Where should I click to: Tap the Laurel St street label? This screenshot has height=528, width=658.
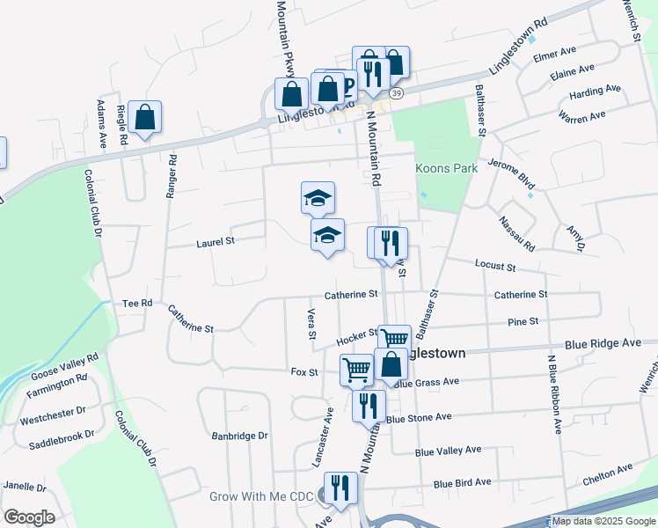(x=216, y=240)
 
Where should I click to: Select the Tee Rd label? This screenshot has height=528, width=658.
(x=138, y=303)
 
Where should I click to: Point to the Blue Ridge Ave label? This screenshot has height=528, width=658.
(x=603, y=344)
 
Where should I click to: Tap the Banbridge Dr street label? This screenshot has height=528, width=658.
(x=239, y=436)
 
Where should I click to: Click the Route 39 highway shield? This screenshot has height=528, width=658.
(x=397, y=93)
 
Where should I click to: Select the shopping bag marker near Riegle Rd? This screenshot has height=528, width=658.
(x=144, y=117)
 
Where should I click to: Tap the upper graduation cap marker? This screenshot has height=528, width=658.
(x=318, y=198)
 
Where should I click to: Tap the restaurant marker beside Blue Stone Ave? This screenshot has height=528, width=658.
(x=368, y=406)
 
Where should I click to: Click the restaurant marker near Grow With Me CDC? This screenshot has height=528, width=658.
(x=340, y=488)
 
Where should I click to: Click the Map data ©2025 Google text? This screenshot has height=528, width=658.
(x=603, y=522)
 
